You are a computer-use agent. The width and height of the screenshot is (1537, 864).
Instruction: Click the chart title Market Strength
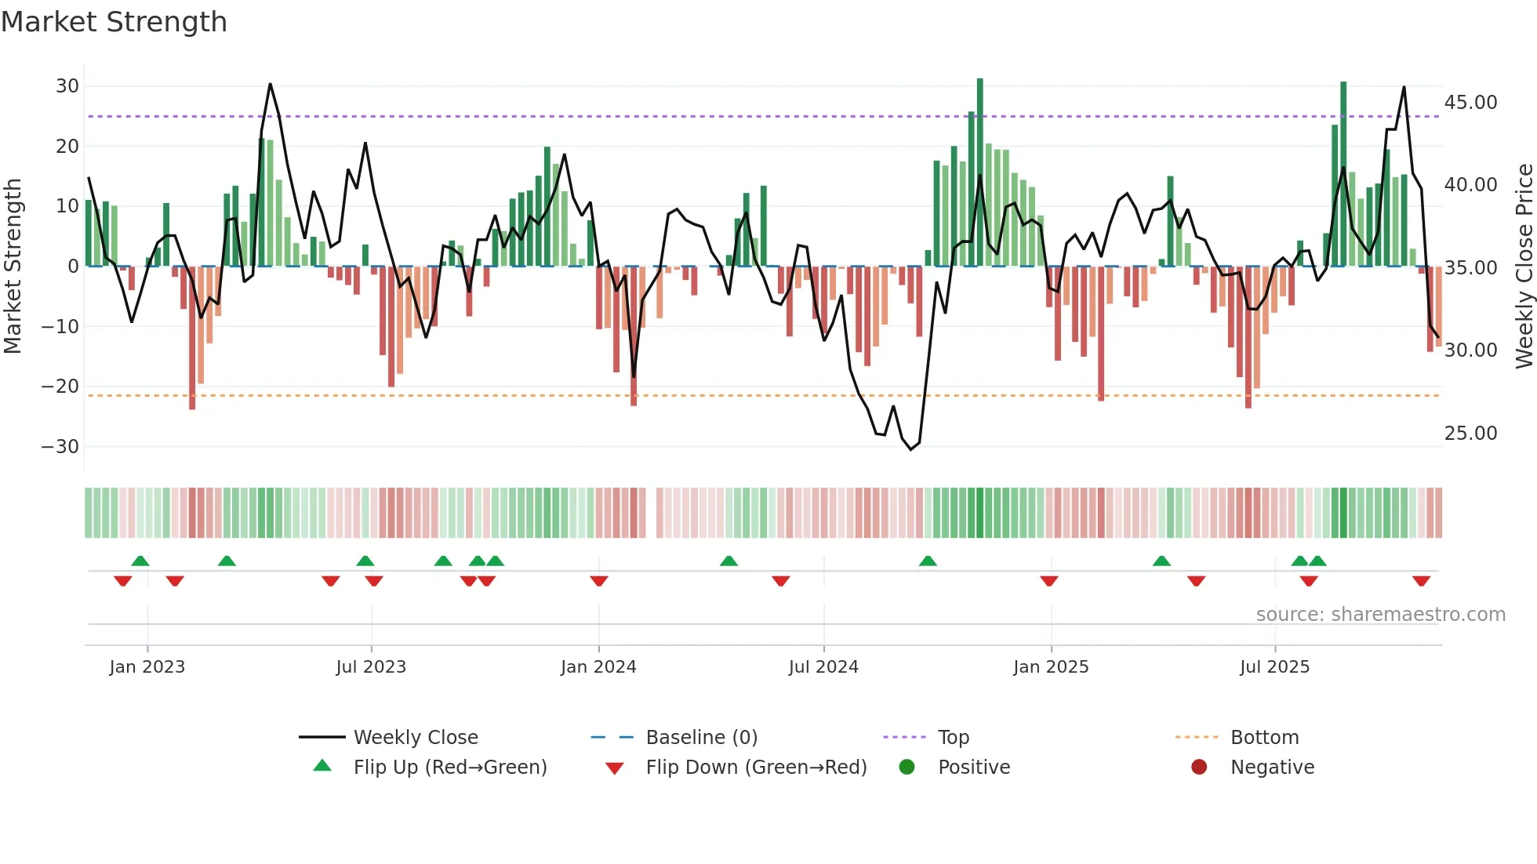pyautogui.click(x=114, y=22)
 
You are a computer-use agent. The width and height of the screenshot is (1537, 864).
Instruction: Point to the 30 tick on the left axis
pyautogui.click(x=67, y=86)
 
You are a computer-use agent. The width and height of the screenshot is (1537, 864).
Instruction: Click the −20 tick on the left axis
pyautogui.click(x=60, y=387)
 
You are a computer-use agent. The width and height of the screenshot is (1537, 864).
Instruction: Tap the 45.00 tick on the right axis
pyautogui.click(x=1470, y=103)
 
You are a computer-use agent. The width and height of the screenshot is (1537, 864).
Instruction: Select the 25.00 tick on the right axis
pyautogui.click(x=1470, y=434)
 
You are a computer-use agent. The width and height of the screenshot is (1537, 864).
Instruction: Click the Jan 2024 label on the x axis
pyautogui.click(x=598, y=667)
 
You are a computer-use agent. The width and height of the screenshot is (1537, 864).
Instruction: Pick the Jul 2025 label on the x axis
pyautogui.click(x=1274, y=667)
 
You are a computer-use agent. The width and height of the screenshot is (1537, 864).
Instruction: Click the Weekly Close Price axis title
pyautogui.click(x=1524, y=267)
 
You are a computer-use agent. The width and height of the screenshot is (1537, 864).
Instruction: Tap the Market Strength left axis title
pyautogui.click(x=13, y=267)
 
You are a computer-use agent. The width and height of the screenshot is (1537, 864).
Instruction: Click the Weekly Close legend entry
pyautogui.click(x=415, y=738)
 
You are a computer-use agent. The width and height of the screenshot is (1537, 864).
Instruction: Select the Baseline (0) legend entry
pyautogui.click(x=701, y=738)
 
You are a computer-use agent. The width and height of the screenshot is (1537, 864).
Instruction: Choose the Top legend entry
pyautogui.click(x=953, y=738)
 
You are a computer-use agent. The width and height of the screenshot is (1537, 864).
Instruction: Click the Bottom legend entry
pyautogui.click(x=1264, y=738)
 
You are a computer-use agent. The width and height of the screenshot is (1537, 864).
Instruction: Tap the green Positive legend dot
pyautogui.click(x=907, y=768)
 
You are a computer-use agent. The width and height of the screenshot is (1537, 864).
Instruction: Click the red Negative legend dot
pyautogui.click(x=1199, y=768)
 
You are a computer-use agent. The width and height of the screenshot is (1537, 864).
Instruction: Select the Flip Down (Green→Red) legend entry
pyautogui.click(x=755, y=768)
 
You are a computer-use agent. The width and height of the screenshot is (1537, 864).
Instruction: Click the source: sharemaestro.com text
pyautogui.click(x=1380, y=615)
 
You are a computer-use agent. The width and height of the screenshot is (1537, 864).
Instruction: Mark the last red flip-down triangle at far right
pyautogui.click(x=1421, y=581)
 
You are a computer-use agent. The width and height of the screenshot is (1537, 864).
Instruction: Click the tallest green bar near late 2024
pyautogui.click(x=979, y=172)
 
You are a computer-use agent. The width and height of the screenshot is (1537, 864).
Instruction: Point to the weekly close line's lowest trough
pyautogui.click(x=911, y=449)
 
